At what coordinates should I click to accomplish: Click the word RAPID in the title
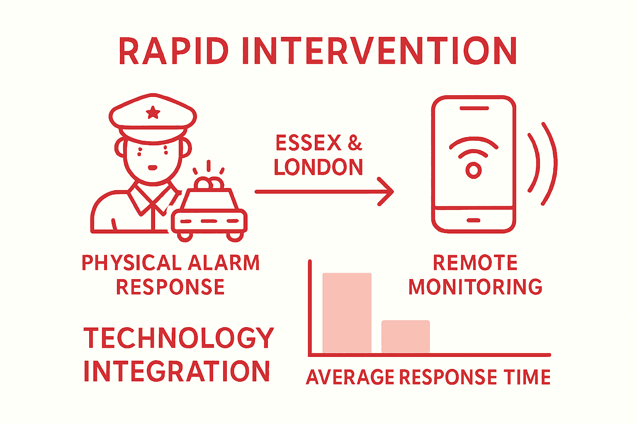[173, 51]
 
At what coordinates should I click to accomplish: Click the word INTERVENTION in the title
[379, 51]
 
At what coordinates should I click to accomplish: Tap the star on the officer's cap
[153, 112]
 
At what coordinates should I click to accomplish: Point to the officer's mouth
[153, 168]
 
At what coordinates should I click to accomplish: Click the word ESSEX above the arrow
[309, 144]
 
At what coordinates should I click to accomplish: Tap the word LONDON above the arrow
[318, 167]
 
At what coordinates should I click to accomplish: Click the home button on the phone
[474, 220]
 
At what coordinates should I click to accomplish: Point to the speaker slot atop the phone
[474, 108]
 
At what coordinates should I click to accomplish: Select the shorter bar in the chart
[406, 337]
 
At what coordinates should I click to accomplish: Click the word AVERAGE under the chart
[350, 377]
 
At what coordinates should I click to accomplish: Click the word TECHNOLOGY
[179, 338]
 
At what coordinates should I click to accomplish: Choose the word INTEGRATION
[177, 371]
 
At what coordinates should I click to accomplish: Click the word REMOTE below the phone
[475, 263]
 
